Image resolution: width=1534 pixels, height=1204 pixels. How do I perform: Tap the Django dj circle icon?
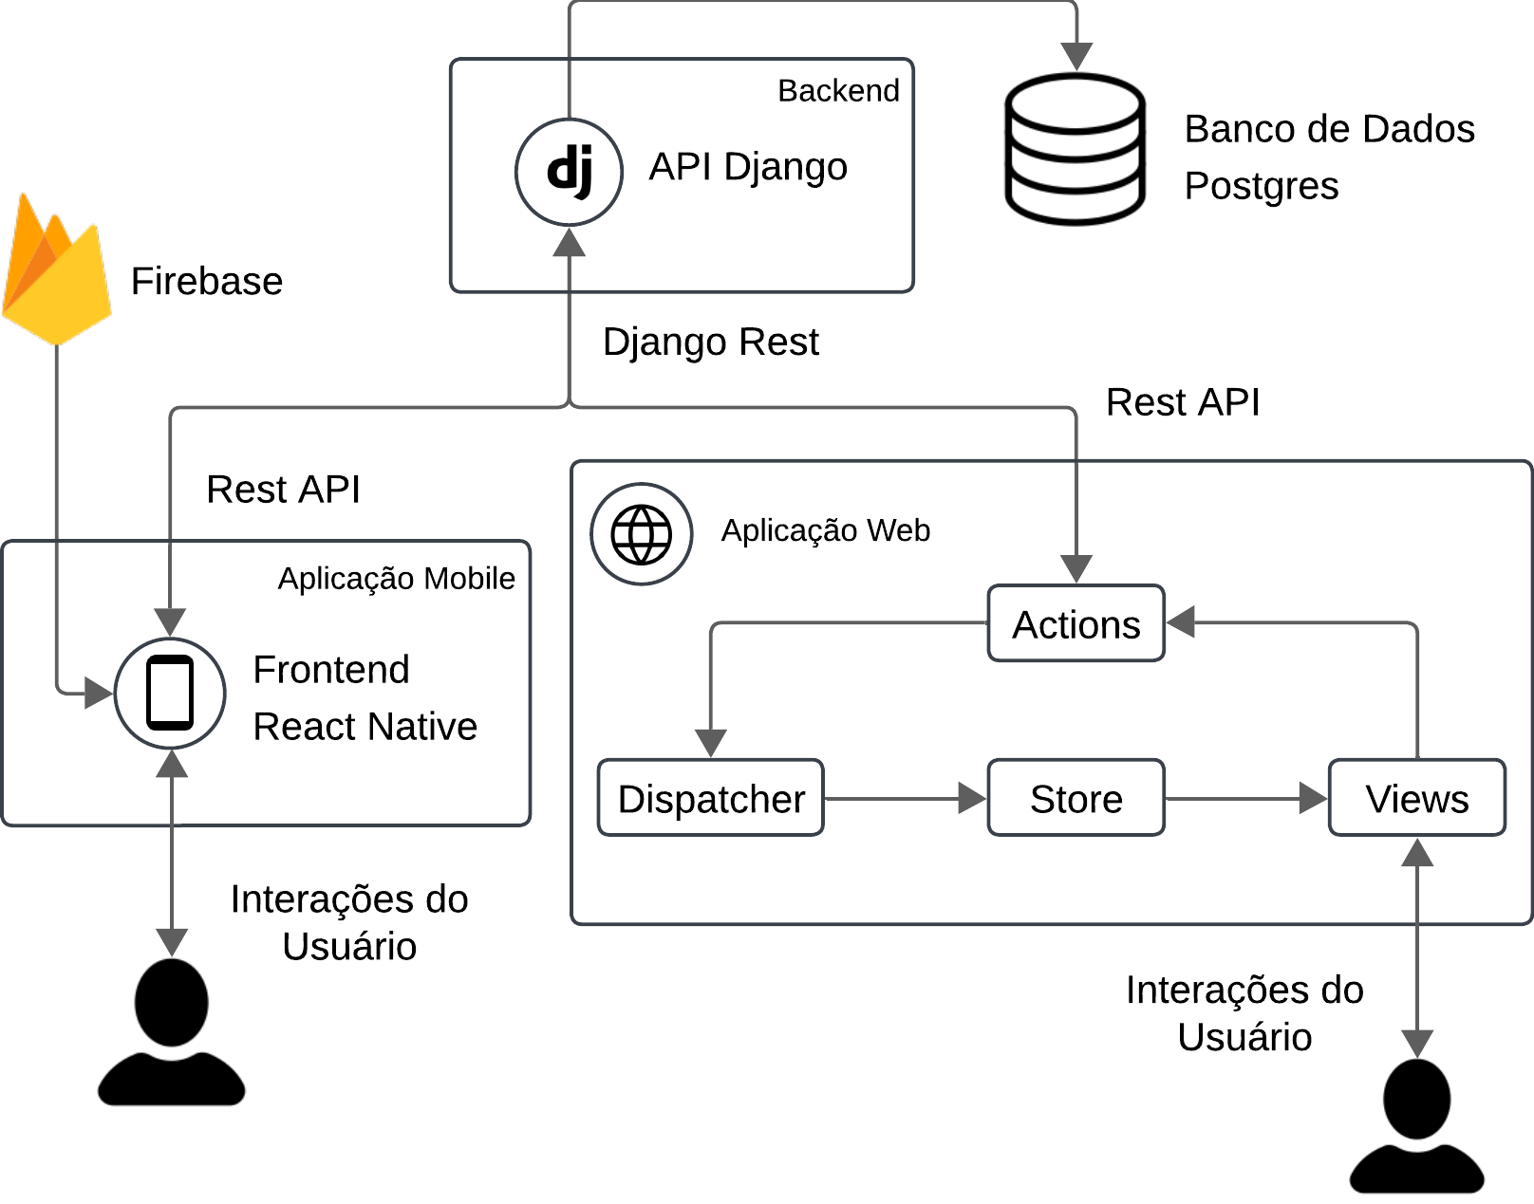tap(569, 172)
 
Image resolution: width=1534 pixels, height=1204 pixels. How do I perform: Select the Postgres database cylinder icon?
tap(1076, 149)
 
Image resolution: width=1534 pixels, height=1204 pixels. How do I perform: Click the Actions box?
tap(1076, 623)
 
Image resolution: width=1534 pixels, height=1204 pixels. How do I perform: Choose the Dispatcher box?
tap(711, 798)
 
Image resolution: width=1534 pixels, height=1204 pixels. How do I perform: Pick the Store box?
tap(1076, 798)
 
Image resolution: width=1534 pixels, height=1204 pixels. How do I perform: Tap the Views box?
tap(1417, 798)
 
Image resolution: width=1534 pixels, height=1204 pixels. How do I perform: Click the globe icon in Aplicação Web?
tap(641, 534)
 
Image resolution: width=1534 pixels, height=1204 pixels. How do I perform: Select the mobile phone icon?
tap(170, 693)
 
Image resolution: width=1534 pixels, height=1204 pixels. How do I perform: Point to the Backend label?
tap(838, 91)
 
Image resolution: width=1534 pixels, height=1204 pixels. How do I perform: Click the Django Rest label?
tap(711, 343)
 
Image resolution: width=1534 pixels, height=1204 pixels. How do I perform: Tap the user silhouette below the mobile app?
tap(172, 1031)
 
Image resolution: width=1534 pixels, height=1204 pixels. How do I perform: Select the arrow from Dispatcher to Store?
tap(906, 799)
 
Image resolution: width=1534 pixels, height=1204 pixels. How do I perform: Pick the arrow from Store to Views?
tap(1246, 799)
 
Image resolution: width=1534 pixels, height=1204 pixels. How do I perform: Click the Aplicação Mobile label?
tap(397, 579)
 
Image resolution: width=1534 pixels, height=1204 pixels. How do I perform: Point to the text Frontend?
tap(331, 669)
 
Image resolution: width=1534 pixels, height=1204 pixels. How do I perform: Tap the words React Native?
tap(365, 727)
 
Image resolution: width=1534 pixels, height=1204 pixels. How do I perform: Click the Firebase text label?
tap(207, 281)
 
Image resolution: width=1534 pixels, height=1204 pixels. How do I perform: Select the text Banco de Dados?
tap(1329, 129)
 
